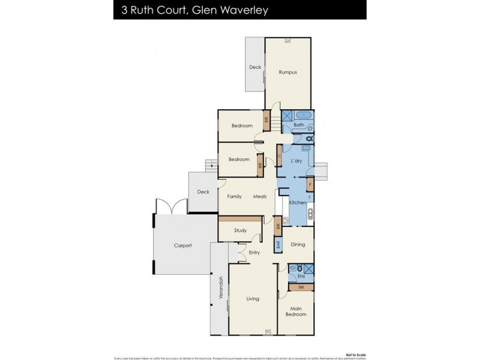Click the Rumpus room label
(x=288, y=72)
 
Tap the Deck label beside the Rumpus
(x=255, y=67)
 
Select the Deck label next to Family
(x=203, y=192)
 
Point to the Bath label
(x=299, y=125)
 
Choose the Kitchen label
(x=298, y=203)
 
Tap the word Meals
(x=260, y=196)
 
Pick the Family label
(x=234, y=196)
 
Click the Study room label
(x=241, y=230)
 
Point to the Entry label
(x=254, y=253)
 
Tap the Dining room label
(x=298, y=245)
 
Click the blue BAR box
(x=278, y=245)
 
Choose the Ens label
(x=301, y=277)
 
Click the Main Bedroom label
(x=296, y=311)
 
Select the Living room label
(x=253, y=298)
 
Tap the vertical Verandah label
(x=221, y=289)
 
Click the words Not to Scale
(x=354, y=353)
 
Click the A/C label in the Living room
(x=268, y=330)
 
